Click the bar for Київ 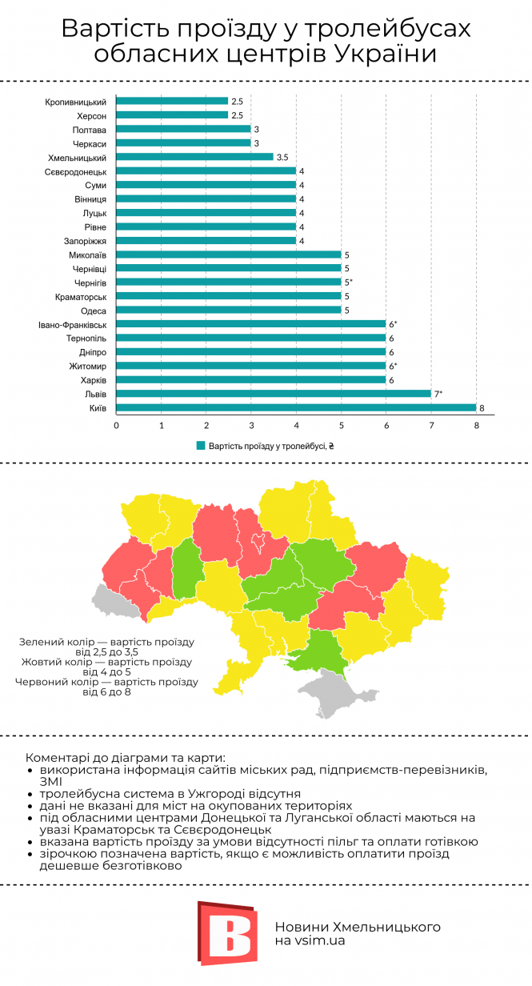click(x=296, y=407)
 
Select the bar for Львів click(x=274, y=394)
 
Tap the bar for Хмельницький click(x=195, y=157)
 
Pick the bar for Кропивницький click(x=172, y=102)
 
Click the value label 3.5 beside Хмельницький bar click(x=282, y=158)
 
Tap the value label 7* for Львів click(x=438, y=394)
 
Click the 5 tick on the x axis click(x=342, y=425)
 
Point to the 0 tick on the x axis click(x=117, y=425)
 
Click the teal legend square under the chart click(x=200, y=446)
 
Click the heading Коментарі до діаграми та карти click(x=126, y=757)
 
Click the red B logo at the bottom click(x=228, y=933)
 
